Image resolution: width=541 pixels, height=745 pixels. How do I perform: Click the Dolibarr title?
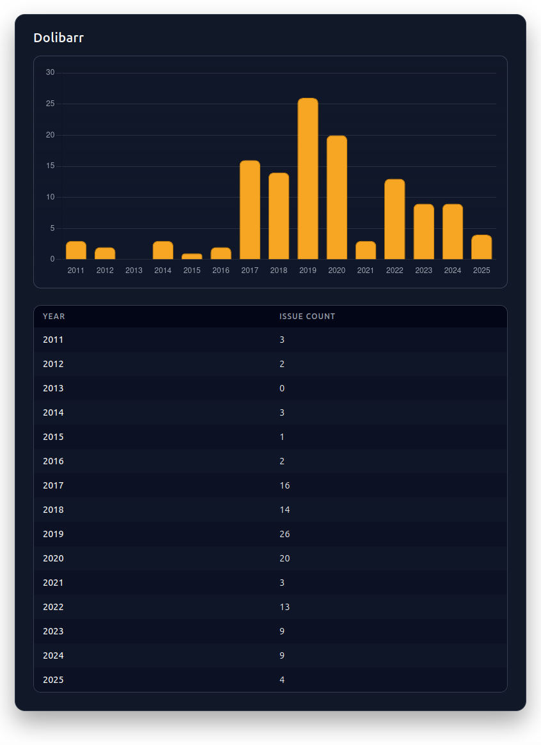pos(58,38)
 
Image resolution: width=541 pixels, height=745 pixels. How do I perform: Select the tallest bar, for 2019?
pos(308,179)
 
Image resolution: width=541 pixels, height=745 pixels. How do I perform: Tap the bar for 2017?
pos(249,210)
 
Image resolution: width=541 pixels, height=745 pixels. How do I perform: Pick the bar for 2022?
pos(395,219)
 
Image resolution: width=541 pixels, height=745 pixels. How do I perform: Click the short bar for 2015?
pos(192,256)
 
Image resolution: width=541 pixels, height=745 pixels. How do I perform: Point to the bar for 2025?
pos(482,247)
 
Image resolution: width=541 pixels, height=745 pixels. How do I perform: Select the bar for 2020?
pos(336,198)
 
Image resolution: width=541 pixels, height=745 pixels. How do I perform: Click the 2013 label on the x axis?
pos(134,271)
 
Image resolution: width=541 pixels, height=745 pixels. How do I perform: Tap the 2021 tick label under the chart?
pos(366,271)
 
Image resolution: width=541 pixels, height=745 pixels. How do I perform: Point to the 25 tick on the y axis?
pos(51,104)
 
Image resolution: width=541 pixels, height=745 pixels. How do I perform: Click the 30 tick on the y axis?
pos(51,72)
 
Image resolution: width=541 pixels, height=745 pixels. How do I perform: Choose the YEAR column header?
pos(54,317)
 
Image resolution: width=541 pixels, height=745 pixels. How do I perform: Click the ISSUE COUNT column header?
pos(307,317)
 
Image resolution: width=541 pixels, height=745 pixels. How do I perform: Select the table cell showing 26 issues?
pos(285,534)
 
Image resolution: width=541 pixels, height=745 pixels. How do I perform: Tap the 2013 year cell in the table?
pos(53,388)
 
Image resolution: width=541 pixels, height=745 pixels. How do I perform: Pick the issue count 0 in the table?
pos(282,388)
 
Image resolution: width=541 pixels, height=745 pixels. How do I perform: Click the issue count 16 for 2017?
pos(285,485)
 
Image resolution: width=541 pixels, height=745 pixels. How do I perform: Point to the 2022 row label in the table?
pos(53,607)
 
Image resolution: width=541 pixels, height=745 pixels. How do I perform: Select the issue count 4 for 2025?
pos(282,680)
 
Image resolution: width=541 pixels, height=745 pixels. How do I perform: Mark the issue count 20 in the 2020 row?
pos(285,558)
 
